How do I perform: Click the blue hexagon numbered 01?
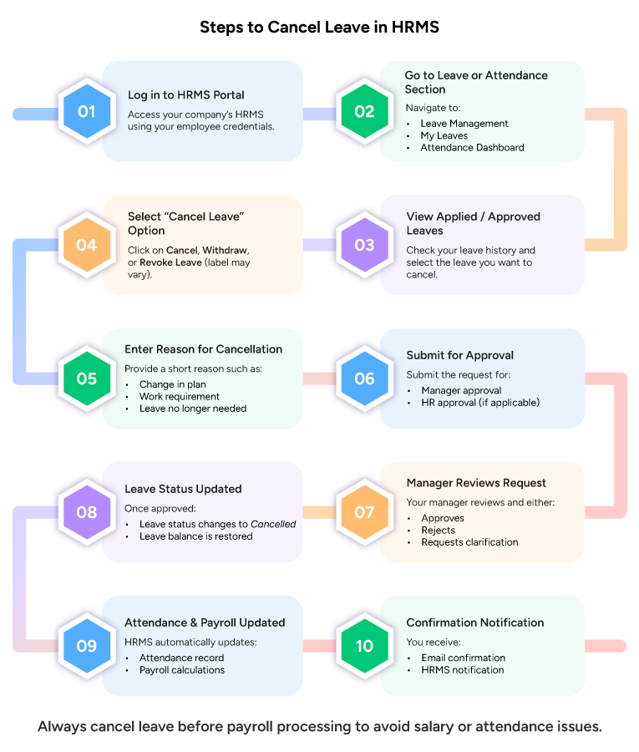[x=87, y=112]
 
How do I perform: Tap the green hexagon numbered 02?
[x=364, y=112]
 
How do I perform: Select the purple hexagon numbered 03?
[x=364, y=245]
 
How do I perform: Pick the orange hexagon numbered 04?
[x=87, y=245]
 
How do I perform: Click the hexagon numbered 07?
[x=364, y=512]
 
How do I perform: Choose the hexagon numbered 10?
[x=364, y=646]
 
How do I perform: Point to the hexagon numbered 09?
[x=87, y=646]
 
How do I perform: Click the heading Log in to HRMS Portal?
[x=186, y=95]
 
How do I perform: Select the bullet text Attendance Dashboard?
[x=472, y=148]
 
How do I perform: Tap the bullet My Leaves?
[x=444, y=135]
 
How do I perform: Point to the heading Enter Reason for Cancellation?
[x=203, y=349]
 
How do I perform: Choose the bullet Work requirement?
[x=180, y=397]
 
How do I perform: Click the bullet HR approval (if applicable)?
[x=480, y=403]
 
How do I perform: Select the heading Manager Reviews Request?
[x=476, y=483]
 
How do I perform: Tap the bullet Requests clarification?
[x=469, y=542]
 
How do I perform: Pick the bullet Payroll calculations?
[x=181, y=670]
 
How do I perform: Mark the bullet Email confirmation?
[x=463, y=658]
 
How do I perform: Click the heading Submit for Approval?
[x=459, y=355]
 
